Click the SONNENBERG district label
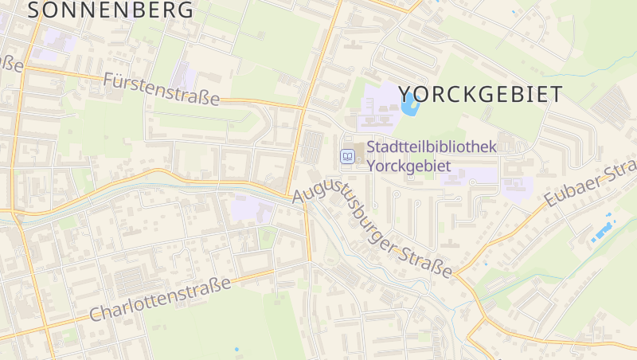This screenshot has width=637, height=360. point(111,10)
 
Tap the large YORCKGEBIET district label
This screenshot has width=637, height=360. point(479,93)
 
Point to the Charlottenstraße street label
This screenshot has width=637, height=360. point(160,299)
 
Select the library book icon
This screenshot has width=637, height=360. point(347,156)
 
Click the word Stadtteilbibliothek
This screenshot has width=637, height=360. point(432,147)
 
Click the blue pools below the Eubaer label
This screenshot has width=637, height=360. point(604,229)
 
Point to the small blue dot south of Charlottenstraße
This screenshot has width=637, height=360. point(236,350)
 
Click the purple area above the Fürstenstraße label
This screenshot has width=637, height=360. point(185,75)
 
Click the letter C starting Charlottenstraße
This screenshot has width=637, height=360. point(96,315)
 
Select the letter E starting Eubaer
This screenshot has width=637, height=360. point(550,203)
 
